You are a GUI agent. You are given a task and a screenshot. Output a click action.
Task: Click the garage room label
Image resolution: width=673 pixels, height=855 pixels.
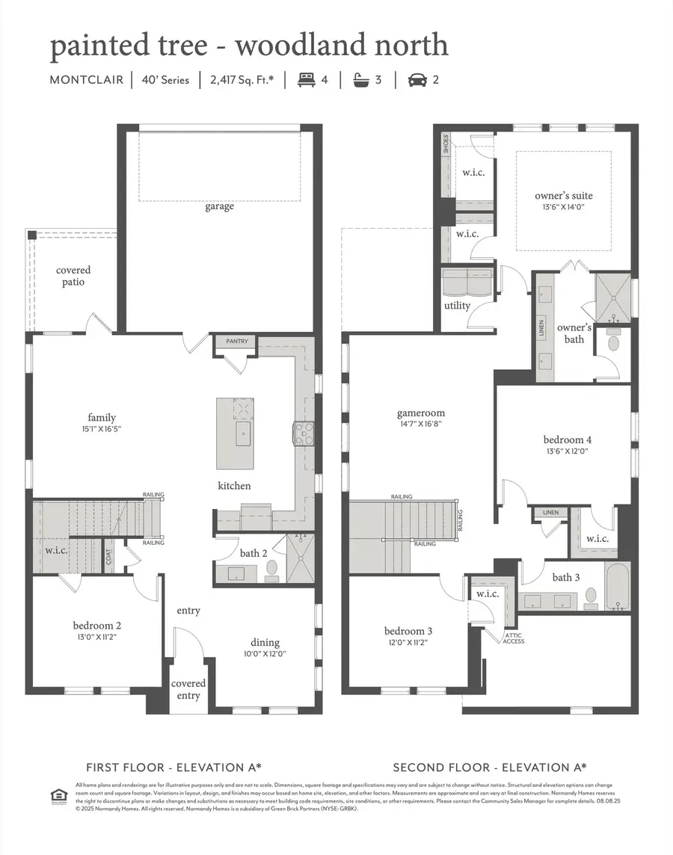219,206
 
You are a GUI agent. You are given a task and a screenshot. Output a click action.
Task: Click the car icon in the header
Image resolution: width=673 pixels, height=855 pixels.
417,80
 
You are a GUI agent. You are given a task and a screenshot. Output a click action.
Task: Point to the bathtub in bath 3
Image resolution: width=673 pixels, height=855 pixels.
617,587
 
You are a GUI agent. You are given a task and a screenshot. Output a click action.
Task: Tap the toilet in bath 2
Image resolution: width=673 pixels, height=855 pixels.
271,570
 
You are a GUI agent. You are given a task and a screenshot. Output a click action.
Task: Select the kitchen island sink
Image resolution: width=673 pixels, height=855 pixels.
244,433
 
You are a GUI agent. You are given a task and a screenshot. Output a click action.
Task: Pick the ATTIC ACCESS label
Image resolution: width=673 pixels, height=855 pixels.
513,638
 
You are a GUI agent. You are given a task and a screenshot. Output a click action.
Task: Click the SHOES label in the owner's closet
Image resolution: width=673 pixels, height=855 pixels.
446,144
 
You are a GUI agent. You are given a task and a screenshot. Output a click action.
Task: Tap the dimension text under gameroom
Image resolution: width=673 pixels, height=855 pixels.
421,425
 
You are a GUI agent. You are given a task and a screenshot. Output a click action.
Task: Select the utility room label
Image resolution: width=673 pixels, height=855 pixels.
457,306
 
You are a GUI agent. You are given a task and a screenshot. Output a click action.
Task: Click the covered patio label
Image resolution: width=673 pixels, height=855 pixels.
73,276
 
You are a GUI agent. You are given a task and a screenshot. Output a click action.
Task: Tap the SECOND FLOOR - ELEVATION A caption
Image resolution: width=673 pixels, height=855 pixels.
490,768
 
